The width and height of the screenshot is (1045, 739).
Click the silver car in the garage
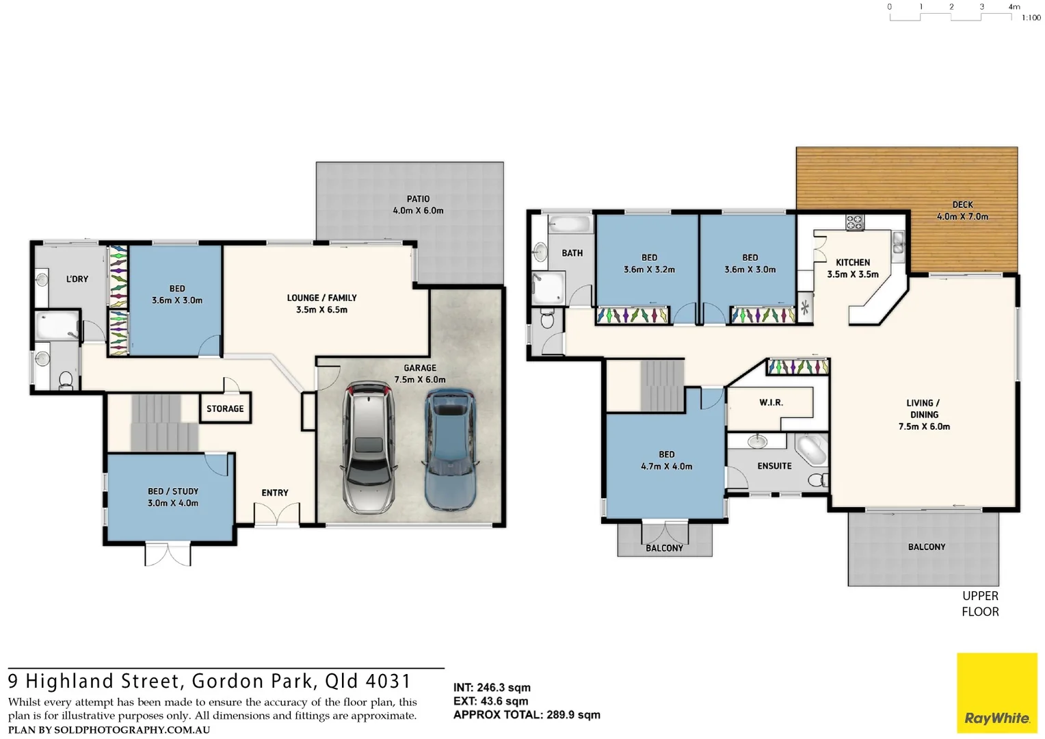368,448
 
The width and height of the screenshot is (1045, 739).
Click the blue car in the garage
449,450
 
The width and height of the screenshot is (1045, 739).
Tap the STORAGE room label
225,409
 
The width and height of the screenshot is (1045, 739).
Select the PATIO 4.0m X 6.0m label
418,205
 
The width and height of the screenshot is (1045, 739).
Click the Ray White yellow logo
996,693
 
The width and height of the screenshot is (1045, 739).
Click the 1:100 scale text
1031,18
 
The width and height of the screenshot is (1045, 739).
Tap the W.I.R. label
771,402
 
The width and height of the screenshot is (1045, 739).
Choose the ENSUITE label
774,466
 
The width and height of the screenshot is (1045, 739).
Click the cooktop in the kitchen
855,222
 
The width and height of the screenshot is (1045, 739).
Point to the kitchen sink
898,243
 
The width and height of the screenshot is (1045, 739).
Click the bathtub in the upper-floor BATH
569,224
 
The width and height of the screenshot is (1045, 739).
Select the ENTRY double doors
276,514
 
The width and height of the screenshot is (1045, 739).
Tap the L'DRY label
77,279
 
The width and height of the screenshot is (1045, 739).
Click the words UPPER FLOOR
980,604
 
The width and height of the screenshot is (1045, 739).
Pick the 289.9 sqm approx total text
573,715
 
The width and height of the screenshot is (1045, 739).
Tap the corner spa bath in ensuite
812,450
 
